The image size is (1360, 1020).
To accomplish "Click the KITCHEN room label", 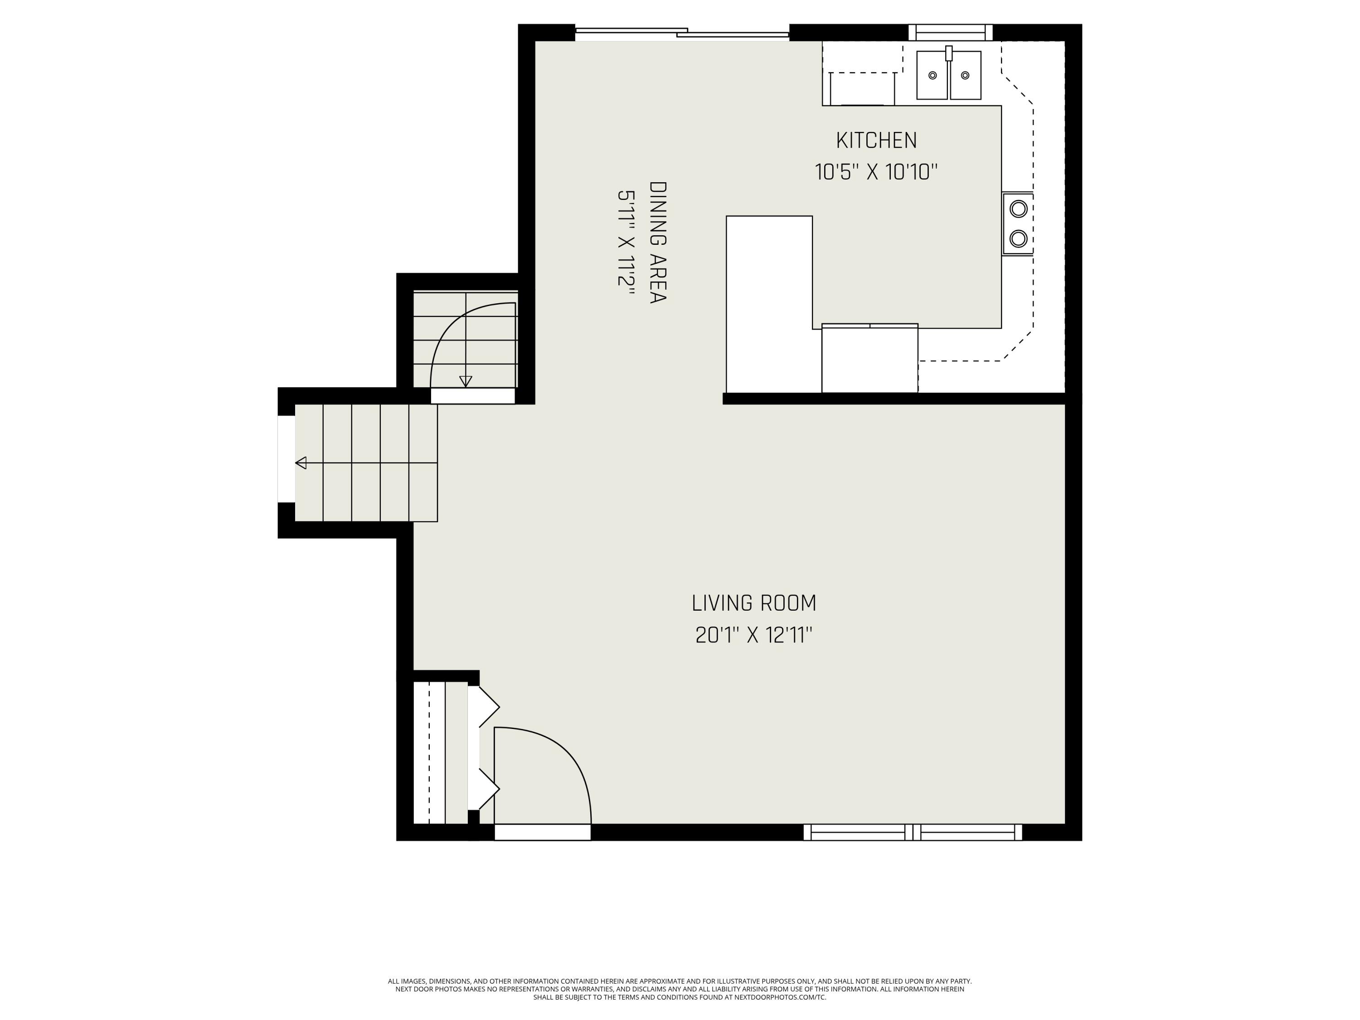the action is coord(876,141).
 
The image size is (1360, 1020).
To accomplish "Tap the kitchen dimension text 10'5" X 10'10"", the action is coord(876,172).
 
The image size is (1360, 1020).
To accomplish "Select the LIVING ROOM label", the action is coord(754,603).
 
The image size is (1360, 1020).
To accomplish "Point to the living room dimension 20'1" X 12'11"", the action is coord(754,635).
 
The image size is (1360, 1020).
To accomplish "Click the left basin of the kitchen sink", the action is coord(932,75).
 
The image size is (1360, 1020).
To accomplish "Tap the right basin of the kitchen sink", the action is coord(965,75).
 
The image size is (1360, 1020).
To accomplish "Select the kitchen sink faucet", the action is coord(949,53).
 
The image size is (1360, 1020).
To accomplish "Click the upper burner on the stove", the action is coord(1019,209).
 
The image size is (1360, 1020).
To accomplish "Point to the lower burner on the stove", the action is coord(1019,238).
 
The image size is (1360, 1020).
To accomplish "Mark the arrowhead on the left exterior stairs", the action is coord(301,463).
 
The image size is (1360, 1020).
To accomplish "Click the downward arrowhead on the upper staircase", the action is coord(466,381).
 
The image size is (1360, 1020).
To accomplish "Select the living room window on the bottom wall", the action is coord(913,832).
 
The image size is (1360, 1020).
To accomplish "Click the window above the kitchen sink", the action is coord(951,33).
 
